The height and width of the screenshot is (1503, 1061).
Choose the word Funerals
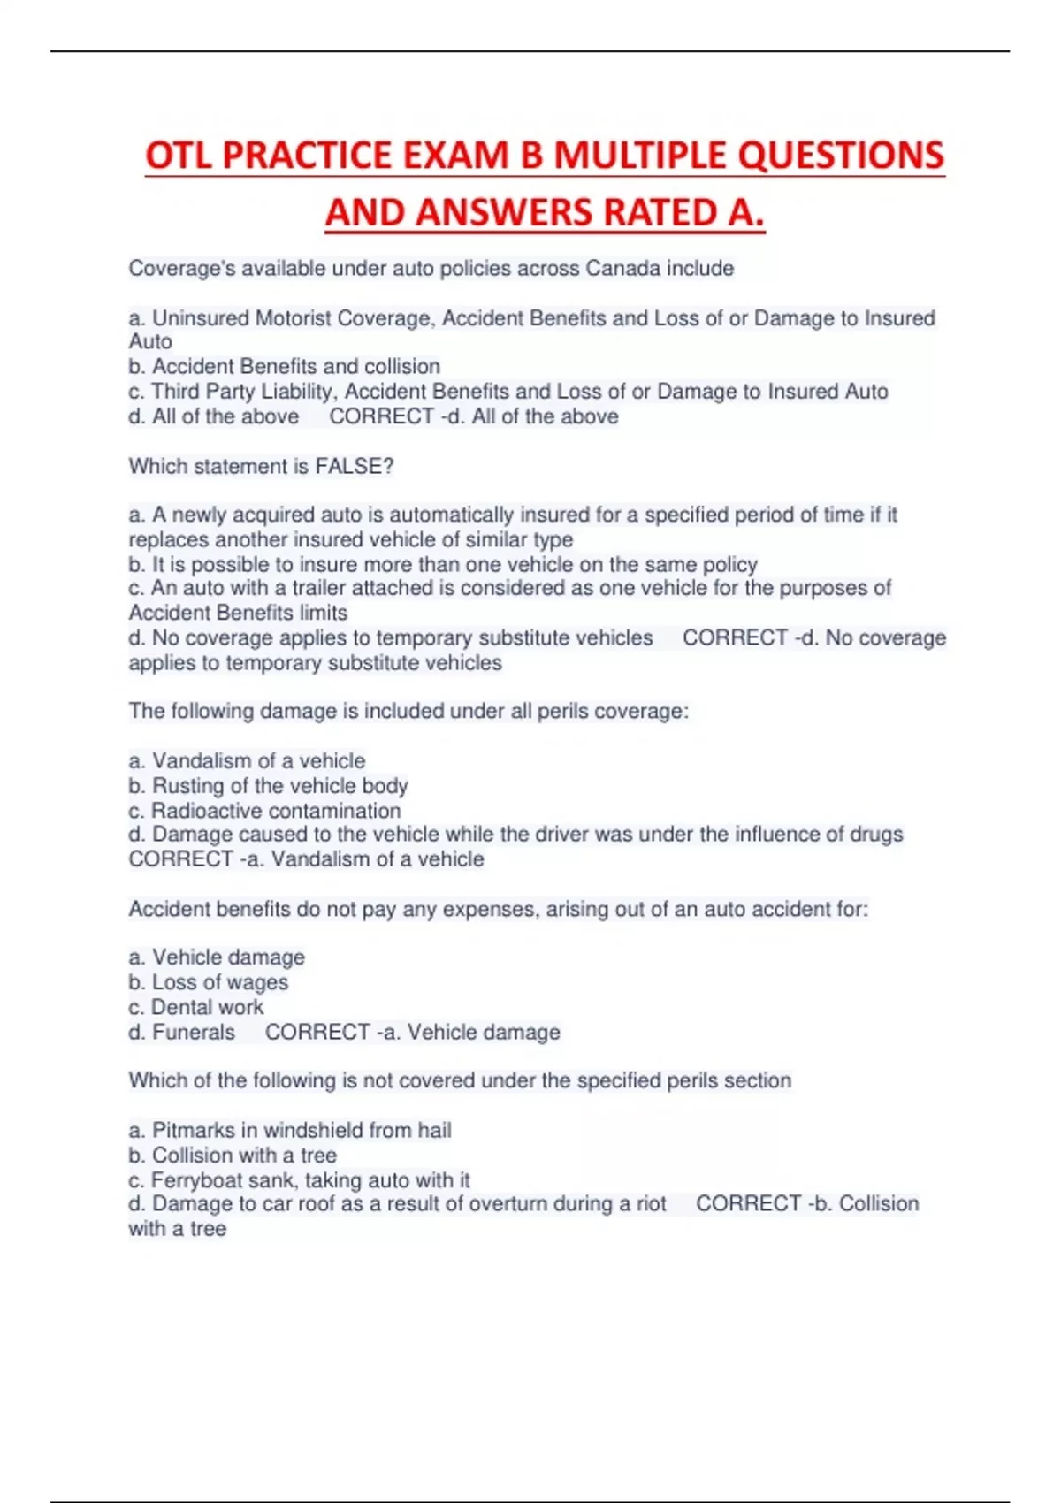(194, 1032)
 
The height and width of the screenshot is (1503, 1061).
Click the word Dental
(182, 1007)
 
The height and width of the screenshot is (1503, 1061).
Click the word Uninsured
(201, 317)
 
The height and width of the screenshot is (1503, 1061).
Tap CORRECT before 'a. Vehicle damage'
(317, 1032)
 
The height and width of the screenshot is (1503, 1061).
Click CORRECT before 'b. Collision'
(748, 1203)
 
